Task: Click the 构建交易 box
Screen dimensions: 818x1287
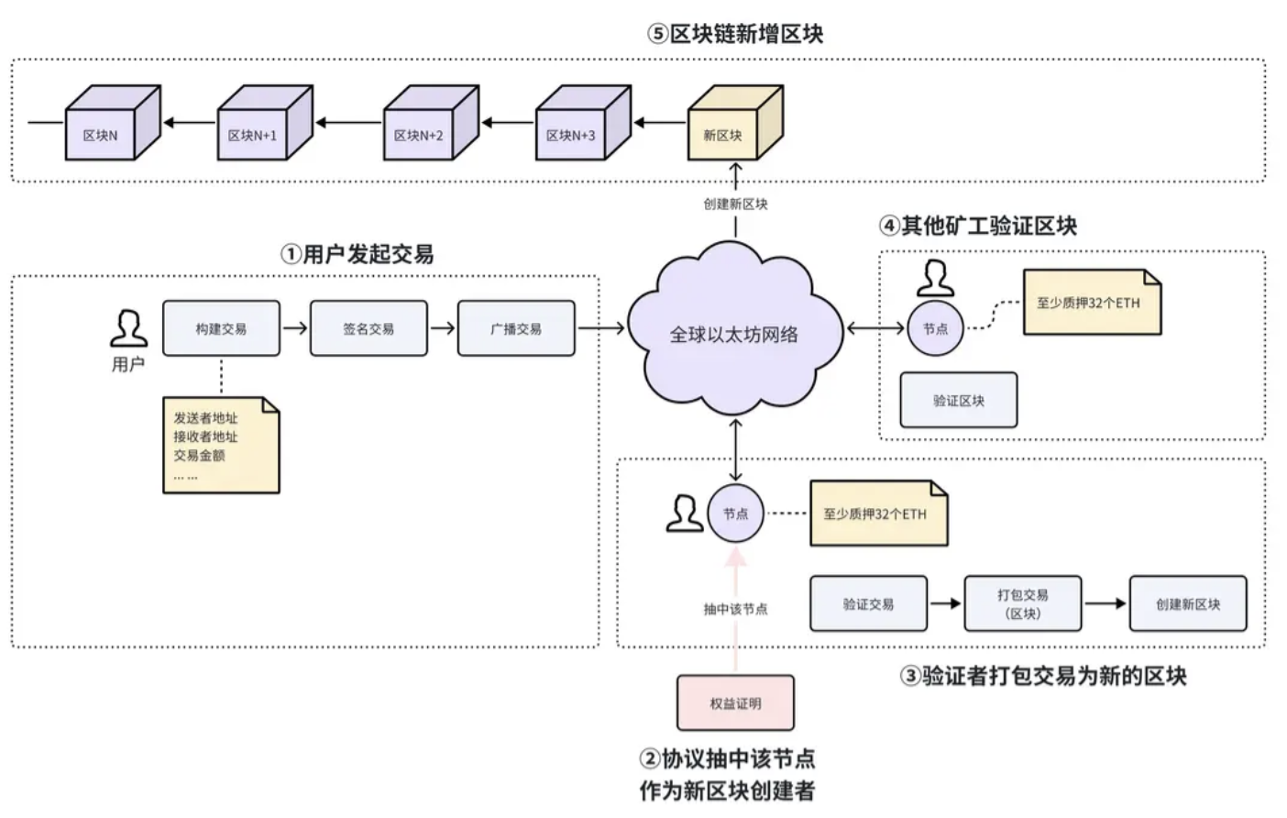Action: (221, 328)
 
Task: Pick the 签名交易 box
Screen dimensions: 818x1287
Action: (368, 328)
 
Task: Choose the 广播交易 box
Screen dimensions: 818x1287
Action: (516, 328)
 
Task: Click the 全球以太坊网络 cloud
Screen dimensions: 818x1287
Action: (733, 334)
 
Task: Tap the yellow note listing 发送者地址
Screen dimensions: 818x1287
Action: (220, 445)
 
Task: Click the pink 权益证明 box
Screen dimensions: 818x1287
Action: (735, 703)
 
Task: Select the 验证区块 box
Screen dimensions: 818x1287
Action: (959, 400)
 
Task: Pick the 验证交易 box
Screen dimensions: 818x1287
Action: (868, 603)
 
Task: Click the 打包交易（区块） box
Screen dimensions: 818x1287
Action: (1023, 603)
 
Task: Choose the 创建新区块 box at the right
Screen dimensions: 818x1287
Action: (1188, 603)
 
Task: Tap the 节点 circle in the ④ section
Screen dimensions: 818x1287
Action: (935, 328)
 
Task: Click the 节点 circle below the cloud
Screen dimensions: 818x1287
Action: (735, 514)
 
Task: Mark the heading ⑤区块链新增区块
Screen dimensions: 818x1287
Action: (735, 34)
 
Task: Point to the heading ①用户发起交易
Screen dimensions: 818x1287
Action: (357, 254)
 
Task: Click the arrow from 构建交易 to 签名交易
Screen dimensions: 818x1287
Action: (295, 327)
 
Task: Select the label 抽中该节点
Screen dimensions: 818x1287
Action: (735, 609)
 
